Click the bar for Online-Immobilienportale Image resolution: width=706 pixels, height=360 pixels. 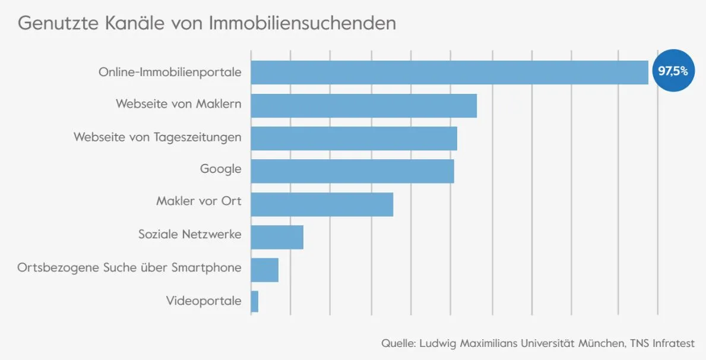click(x=449, y=72)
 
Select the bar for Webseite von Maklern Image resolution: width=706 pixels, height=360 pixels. click(x=363, y=105)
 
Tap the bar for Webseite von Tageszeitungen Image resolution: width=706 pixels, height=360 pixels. click(x=354, y=138)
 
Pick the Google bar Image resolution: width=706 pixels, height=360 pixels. click(x=352, y=170)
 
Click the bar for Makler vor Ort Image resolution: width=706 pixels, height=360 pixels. click(x=322, y=204)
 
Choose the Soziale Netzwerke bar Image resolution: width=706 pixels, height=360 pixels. click(x=277, y=236)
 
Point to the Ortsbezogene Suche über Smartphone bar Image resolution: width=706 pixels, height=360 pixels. click(x=265, y=270)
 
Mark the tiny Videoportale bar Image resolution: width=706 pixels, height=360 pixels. click(x=255, y=301)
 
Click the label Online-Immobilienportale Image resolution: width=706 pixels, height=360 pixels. click(x=170, y=72)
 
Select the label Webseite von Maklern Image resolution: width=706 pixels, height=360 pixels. click(x=178, y=104)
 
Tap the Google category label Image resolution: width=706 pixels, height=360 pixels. click(x=220, y=169)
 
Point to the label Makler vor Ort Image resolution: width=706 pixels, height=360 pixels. click(x=198, y=201)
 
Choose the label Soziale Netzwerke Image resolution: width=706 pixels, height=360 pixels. click(x=189, y=234)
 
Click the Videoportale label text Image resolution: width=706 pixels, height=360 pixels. click(x=204, y=301)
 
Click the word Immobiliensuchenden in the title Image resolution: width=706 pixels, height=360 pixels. click(x=302, y=24)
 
